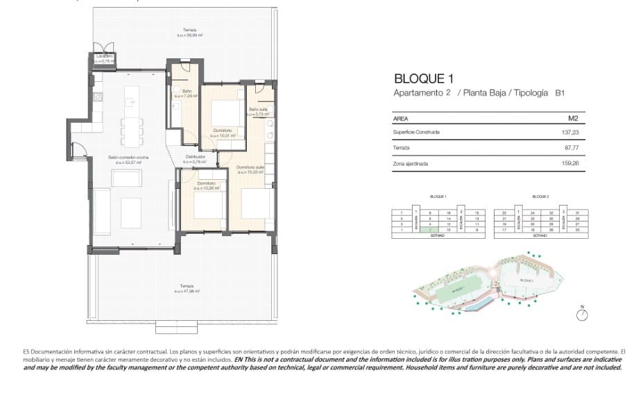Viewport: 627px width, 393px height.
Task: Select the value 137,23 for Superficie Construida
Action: [x=569, y=132]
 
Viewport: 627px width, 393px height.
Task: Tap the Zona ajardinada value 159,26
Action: [x=569, y=165]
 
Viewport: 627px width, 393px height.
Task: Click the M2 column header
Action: [x=573, y=119]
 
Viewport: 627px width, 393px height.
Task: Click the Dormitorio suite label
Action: [x=250, y=169]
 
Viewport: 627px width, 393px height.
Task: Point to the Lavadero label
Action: [x=104, y=58]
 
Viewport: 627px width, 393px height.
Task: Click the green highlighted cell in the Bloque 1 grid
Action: [x=430, y=230]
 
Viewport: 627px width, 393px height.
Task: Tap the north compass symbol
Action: [x=582, y=315]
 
